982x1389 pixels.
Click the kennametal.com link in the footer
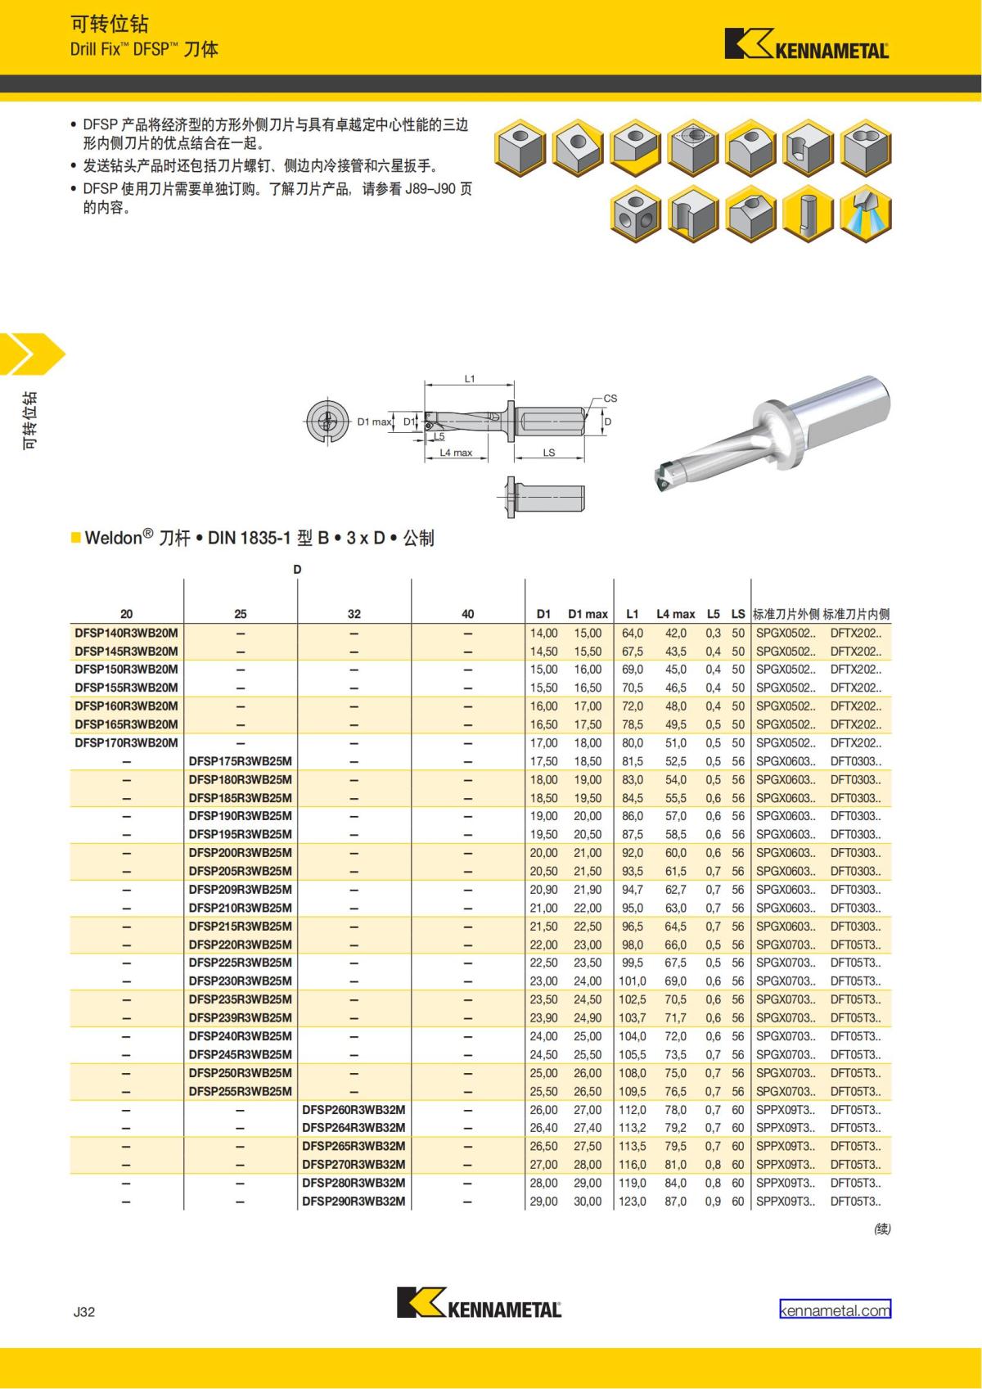(835, 1310)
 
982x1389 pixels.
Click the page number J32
(84, 1311)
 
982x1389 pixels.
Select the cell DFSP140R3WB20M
(127, 633)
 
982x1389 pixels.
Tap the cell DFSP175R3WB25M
(240, 761)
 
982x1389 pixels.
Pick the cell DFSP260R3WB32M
(354, 1110)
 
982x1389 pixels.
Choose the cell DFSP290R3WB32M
(354, 1202)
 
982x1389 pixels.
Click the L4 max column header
(676, 614)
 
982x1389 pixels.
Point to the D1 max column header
(588, 614)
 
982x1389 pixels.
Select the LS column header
(738, 614)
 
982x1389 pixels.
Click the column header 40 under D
(468, 614)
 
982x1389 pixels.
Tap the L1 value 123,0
(633, 1202)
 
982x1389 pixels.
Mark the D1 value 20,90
(543, 890)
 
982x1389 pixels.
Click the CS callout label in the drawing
(610, 398)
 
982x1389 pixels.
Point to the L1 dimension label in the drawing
(469, 378)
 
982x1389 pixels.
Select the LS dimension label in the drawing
(548, 453)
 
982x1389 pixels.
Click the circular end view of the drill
(327, 422)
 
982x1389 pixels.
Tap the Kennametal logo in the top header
(807, 43)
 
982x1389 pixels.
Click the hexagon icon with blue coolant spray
(866, 214)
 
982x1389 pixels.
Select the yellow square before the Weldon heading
(75, 537)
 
